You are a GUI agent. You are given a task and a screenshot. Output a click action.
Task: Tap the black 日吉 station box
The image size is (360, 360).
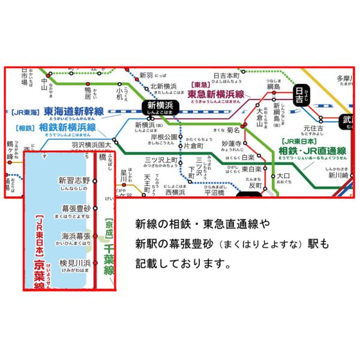(299, 95)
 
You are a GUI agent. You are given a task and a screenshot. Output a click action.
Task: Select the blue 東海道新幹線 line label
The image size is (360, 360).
(74, 112)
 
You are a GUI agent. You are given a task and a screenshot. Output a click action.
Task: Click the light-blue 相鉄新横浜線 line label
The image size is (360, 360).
(68, 128)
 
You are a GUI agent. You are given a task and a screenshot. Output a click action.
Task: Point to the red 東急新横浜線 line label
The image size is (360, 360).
(215, 95)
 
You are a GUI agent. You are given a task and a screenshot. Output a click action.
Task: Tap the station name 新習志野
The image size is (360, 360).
(74, 180)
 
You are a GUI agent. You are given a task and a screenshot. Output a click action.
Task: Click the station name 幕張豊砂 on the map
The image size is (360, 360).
(76, 208)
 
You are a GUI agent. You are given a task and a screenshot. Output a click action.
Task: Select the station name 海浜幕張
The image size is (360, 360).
(76, 236)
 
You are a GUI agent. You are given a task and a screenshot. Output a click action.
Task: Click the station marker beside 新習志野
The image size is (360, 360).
(95, 180)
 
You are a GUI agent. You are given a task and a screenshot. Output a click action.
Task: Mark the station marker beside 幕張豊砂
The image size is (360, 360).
(95, 208)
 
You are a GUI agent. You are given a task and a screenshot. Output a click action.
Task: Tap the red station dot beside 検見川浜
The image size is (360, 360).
(95, 263)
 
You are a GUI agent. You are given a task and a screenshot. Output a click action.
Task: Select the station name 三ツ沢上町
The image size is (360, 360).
(160, 160)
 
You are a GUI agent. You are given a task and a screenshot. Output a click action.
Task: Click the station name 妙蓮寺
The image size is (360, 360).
(230, 144)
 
